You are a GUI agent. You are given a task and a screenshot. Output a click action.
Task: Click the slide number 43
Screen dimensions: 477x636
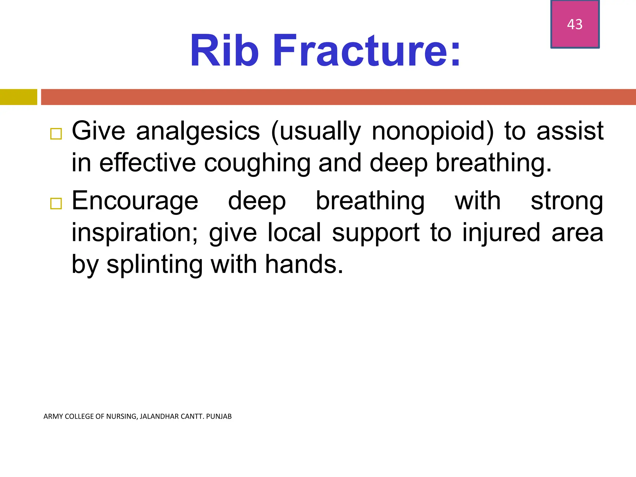click(x=575, y=24)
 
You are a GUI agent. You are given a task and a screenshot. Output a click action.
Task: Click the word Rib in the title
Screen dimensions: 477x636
click(x=224, y=50)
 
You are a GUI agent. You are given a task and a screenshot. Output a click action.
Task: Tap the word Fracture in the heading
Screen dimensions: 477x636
click(x=366, y=50)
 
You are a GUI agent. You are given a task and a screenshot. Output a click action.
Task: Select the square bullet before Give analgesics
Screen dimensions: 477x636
click(x=56, y=134)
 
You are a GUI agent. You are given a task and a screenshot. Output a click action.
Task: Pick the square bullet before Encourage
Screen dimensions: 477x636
click(x=56, y=204)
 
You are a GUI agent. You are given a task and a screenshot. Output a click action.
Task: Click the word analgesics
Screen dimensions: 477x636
click(x=198, y=131)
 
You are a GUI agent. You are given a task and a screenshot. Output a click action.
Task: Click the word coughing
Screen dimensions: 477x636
click(x=257, y=163)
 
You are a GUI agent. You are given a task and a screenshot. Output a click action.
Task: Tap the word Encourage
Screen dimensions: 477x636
click(x=135, y=201)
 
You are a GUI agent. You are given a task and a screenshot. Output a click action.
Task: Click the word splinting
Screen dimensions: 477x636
click(x=154, y=265)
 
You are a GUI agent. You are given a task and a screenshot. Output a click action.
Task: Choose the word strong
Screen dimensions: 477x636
click(x=567, y=201)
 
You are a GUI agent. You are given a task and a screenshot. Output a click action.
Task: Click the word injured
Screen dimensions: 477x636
click(x=501, y=233)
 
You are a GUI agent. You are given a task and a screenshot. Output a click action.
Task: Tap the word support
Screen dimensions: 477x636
click(x=376, y=233)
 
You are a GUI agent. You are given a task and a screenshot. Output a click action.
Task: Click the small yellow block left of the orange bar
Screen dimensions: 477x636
click(x=18, y=97)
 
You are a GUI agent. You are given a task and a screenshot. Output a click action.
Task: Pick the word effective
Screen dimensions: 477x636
click(x=148, y=163)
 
